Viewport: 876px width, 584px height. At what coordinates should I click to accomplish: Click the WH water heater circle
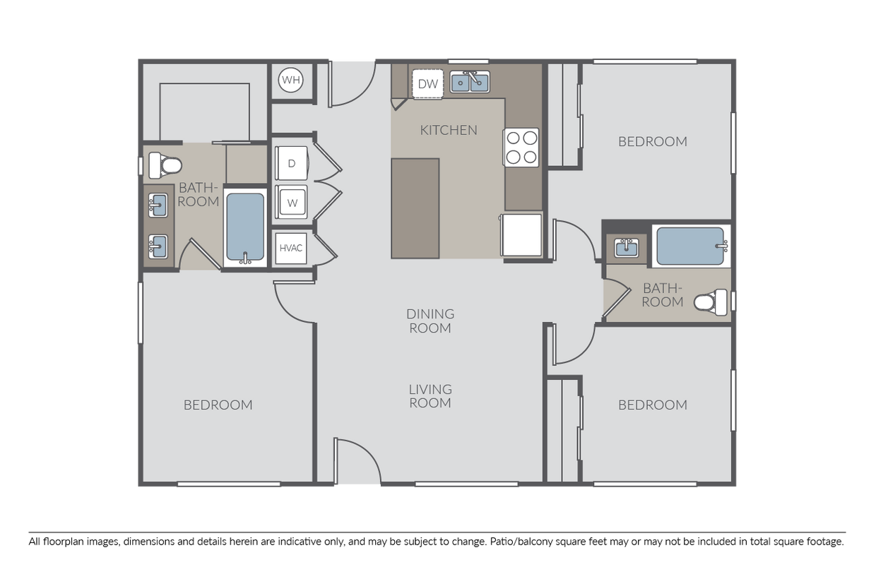290,80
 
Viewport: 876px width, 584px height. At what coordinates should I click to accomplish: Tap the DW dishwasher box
427,84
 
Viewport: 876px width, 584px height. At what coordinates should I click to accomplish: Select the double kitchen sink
470,83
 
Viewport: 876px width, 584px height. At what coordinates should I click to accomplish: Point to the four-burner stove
521,148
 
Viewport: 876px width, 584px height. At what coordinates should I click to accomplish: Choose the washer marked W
292,203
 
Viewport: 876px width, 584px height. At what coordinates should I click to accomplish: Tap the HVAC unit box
291,248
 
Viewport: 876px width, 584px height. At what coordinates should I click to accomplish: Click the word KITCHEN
449,130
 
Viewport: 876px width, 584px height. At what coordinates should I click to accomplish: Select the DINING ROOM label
430,321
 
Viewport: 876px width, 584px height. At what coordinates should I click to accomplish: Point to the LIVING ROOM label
430,396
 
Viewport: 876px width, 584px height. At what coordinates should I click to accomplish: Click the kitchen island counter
415,208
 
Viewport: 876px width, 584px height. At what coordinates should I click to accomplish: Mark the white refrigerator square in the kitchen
522,235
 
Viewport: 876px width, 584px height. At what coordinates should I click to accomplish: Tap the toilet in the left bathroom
164,165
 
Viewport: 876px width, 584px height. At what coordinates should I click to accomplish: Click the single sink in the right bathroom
626,248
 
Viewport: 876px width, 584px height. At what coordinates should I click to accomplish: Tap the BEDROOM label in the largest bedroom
218,405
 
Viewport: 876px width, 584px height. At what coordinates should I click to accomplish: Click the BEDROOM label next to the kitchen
652,141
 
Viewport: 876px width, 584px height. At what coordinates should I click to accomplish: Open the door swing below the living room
357,460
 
